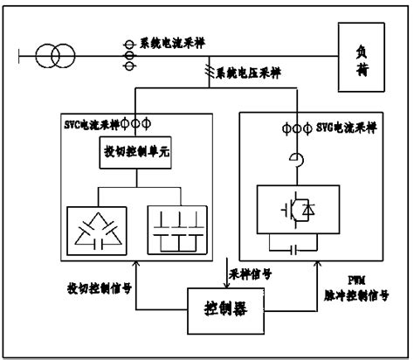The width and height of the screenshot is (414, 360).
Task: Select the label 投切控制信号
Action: tap(100, 287)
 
